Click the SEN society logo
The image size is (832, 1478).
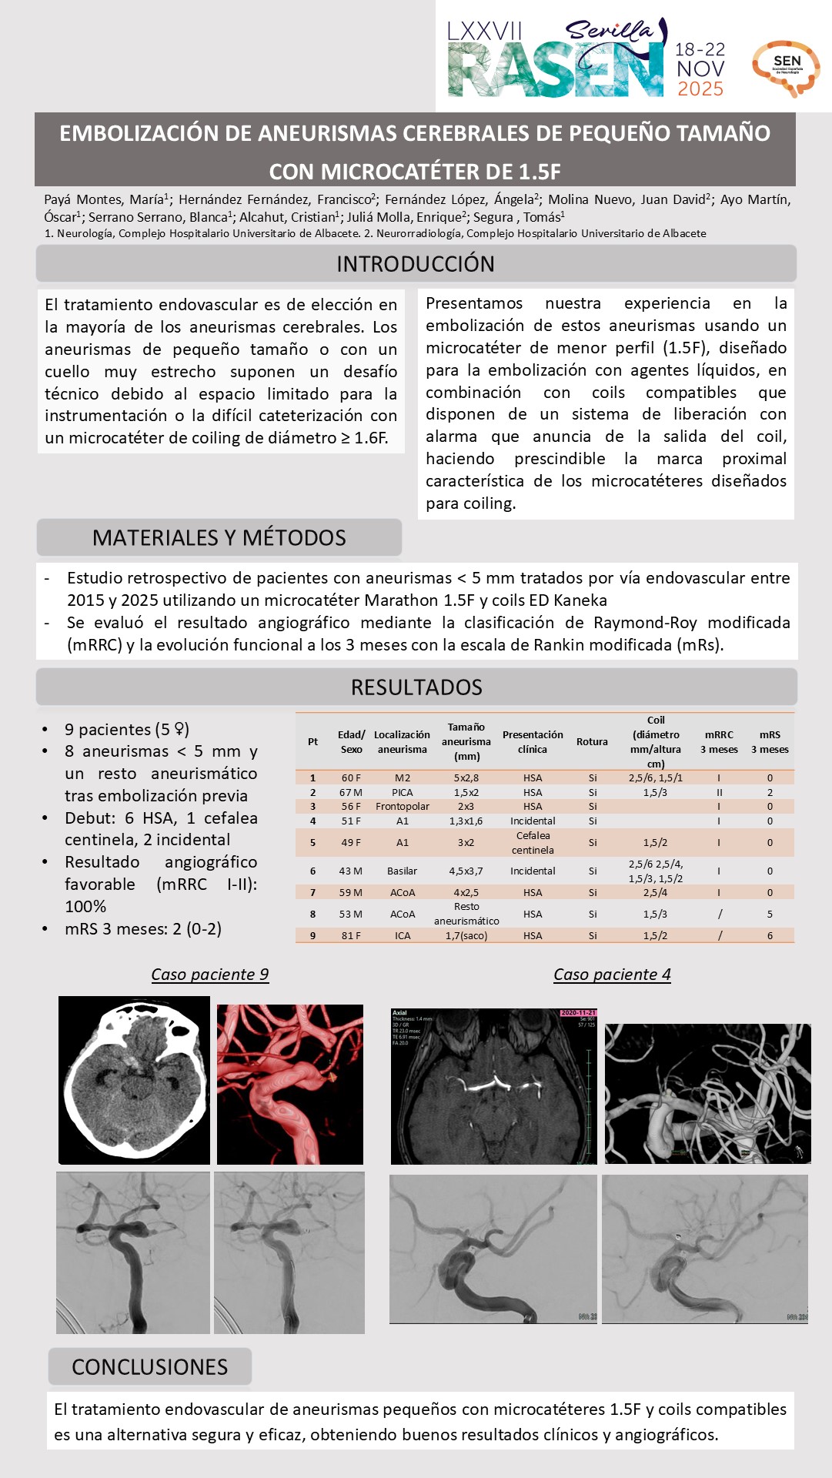click(x=786, y=68)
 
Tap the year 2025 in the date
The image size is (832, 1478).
click(x=700, y=89)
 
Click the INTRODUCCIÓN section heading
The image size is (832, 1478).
click(x=416, y=264)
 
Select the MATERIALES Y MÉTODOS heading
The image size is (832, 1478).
click(x=219, y=537)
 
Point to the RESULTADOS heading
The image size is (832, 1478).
click(x=416, y=687)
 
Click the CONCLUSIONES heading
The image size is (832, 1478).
click(x=149, y=1367)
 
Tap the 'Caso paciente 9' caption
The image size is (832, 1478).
click(x=209, y=975)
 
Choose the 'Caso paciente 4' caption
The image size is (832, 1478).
click(x=612, y=975)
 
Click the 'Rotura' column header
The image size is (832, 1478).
click(x=592, y=742)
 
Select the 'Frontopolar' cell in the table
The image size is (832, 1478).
click(x=402, y=807)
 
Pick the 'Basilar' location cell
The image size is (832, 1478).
click(x=402, y=871)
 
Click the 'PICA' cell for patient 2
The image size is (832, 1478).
click(x=402, y=792)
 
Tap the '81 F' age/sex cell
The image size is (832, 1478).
click(x=351, y=936)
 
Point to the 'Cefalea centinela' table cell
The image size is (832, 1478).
click(x=533, y=843)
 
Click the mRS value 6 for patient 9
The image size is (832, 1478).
click(x=770, y=936)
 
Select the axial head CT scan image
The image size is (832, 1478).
click(x=134, y=1080)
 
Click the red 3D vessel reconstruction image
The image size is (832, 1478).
click(x=289, y=1084)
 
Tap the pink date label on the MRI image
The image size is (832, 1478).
click(x=578, y=1013)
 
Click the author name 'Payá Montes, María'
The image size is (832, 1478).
click(x=105, y=200)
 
